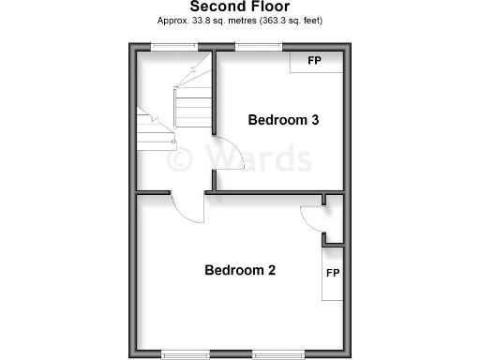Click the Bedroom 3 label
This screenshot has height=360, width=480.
[x=283, y=120]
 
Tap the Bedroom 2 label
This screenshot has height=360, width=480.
[x=240, y=271]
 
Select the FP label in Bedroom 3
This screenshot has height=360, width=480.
[x=314, y=61]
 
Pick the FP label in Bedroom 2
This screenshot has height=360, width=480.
[x=332, y=273]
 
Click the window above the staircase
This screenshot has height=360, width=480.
[x=169, y=46]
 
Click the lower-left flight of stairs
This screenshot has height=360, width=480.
[x=155, y=132]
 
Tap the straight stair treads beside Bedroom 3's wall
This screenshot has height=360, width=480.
[x=193, y=105]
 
